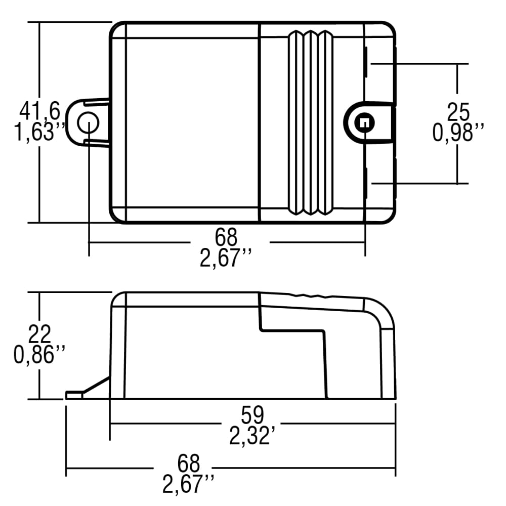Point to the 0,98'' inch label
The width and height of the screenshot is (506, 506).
click(x=458, y=133)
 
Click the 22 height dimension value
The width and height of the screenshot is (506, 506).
click(x=39, y=334)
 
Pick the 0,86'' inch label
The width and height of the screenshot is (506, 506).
click(x=39, y=355)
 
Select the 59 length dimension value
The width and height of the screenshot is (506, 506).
click(x=252, y=415)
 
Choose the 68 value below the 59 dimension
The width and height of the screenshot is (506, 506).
click(x=189, y=463)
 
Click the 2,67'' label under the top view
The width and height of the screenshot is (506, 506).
click(x=226, y=259)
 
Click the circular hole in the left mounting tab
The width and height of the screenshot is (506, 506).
click(x=88, y=122)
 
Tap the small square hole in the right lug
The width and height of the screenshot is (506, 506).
click(x=363, y=122)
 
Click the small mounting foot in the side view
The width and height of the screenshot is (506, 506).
click(x=74, y=395)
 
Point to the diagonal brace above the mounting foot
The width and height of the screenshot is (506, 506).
click(x=96, y=384)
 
